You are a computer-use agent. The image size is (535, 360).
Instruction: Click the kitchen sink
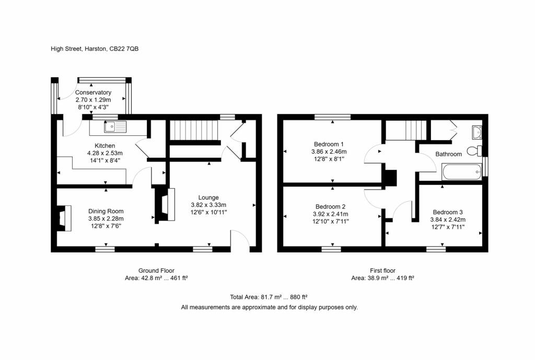115,126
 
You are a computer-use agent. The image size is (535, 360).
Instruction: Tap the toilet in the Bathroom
474,151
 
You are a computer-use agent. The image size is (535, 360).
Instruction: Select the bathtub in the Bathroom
462,171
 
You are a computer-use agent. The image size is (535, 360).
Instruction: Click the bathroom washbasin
477,132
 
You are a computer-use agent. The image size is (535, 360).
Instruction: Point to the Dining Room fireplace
64,218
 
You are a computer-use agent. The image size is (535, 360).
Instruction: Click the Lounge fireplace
166,204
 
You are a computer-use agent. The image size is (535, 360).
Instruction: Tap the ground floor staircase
194,130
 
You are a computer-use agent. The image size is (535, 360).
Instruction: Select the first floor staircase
405,130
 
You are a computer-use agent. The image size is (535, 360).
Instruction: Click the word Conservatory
93,92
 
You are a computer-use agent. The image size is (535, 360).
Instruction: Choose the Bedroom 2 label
330,206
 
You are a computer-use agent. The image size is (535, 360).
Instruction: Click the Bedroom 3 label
448,212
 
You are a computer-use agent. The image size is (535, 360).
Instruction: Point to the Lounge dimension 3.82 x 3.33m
208,205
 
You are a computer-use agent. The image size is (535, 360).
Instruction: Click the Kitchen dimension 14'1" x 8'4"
104,160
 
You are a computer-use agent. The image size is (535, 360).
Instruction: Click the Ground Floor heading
156,271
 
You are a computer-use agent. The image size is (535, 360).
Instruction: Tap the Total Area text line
269,297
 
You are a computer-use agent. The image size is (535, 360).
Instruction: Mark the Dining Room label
106,211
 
